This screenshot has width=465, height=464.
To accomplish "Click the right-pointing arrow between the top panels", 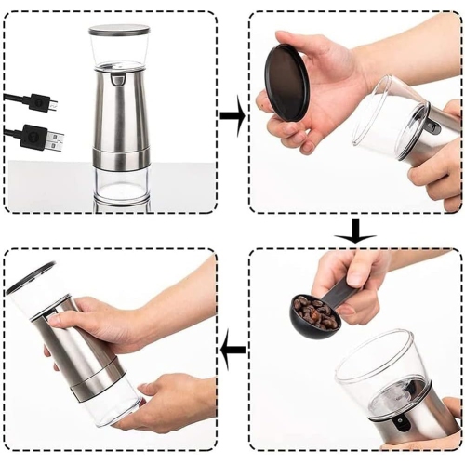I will (232, 117).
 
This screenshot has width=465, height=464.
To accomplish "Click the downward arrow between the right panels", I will (354, 233).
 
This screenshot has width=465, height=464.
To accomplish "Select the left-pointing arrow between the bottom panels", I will (232, 351).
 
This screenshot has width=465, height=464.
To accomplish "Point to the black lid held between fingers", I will (287, 81).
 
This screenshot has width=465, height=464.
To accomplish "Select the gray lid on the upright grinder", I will (119, 31).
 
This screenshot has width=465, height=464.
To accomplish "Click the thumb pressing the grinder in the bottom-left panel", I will (70, 321).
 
